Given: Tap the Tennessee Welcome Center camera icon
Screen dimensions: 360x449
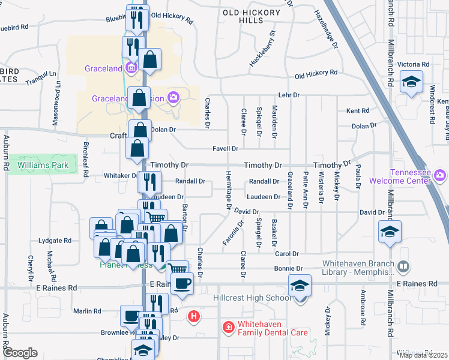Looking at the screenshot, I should (440, 175).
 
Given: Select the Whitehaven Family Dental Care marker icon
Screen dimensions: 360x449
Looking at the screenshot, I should (228, 327).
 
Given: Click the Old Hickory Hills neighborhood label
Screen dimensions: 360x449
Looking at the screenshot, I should (251, 16).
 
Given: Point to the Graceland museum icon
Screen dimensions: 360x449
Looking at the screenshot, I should (132, 67).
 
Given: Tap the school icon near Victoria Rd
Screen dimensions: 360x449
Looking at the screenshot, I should (411, 82).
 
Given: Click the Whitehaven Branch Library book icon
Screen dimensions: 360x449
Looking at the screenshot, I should (404, 265).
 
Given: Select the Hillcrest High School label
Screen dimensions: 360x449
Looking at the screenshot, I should (253, 298).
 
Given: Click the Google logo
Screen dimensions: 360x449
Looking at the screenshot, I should (20, 352).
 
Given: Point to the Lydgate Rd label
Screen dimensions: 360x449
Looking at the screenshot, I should (55, 241).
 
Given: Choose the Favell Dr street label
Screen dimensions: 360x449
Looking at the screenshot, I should (226, 149).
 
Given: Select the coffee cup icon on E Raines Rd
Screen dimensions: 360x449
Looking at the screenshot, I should (182, 282).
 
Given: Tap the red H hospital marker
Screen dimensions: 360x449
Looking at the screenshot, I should (193, 316).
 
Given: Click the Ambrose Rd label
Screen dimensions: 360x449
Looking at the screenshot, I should (363, 308).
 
